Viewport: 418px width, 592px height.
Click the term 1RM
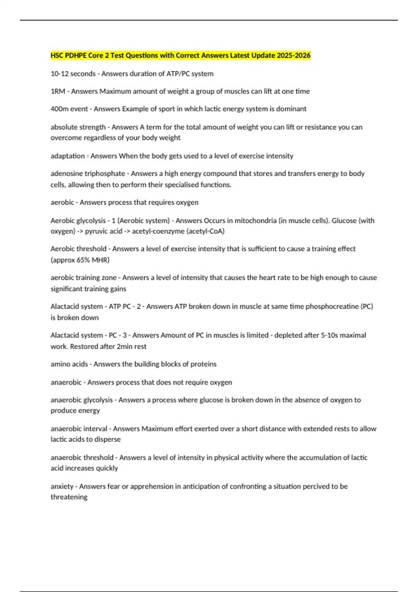click(x=58, y=91)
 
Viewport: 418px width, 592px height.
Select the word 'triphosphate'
click(x=105, y=173)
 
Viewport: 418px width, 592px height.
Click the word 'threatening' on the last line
click(x=69, y=497)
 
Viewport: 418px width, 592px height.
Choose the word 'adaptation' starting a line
click(x=68, y=156)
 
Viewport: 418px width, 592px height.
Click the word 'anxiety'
click(x=62, y=486)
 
